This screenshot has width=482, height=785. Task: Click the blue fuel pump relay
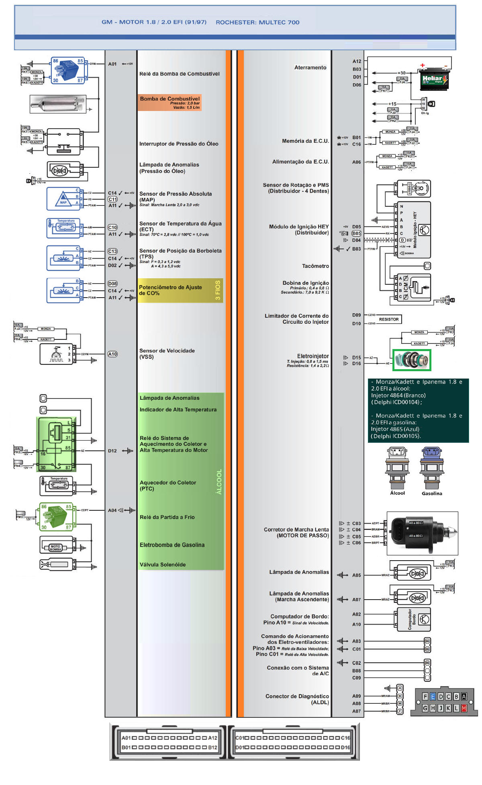coord(67,70)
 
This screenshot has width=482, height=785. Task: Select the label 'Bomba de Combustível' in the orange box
coord(170,99)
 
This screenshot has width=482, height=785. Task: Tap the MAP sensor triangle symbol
coord(63,199)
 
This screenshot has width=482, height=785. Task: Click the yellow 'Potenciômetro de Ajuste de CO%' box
coord(180,290)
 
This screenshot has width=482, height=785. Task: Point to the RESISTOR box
coord(389,319)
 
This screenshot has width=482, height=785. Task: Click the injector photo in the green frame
coord(412,360)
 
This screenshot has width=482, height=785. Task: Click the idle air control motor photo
coord(422,533)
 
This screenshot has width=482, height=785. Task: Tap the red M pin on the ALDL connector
coord(464,708)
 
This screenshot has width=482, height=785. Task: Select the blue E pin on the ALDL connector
coord(433,697)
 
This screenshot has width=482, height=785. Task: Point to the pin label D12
coord(112,451)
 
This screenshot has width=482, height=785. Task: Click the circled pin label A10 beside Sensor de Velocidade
coord(112,354)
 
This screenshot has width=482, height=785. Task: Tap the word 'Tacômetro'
coord(315,266)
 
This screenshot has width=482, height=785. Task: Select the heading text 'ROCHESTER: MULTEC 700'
coord(257,22)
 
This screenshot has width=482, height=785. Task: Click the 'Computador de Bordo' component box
coord(414,619)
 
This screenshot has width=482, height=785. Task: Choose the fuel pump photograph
coord(58,104)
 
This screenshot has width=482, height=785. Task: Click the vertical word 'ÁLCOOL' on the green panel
coord(219,481)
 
